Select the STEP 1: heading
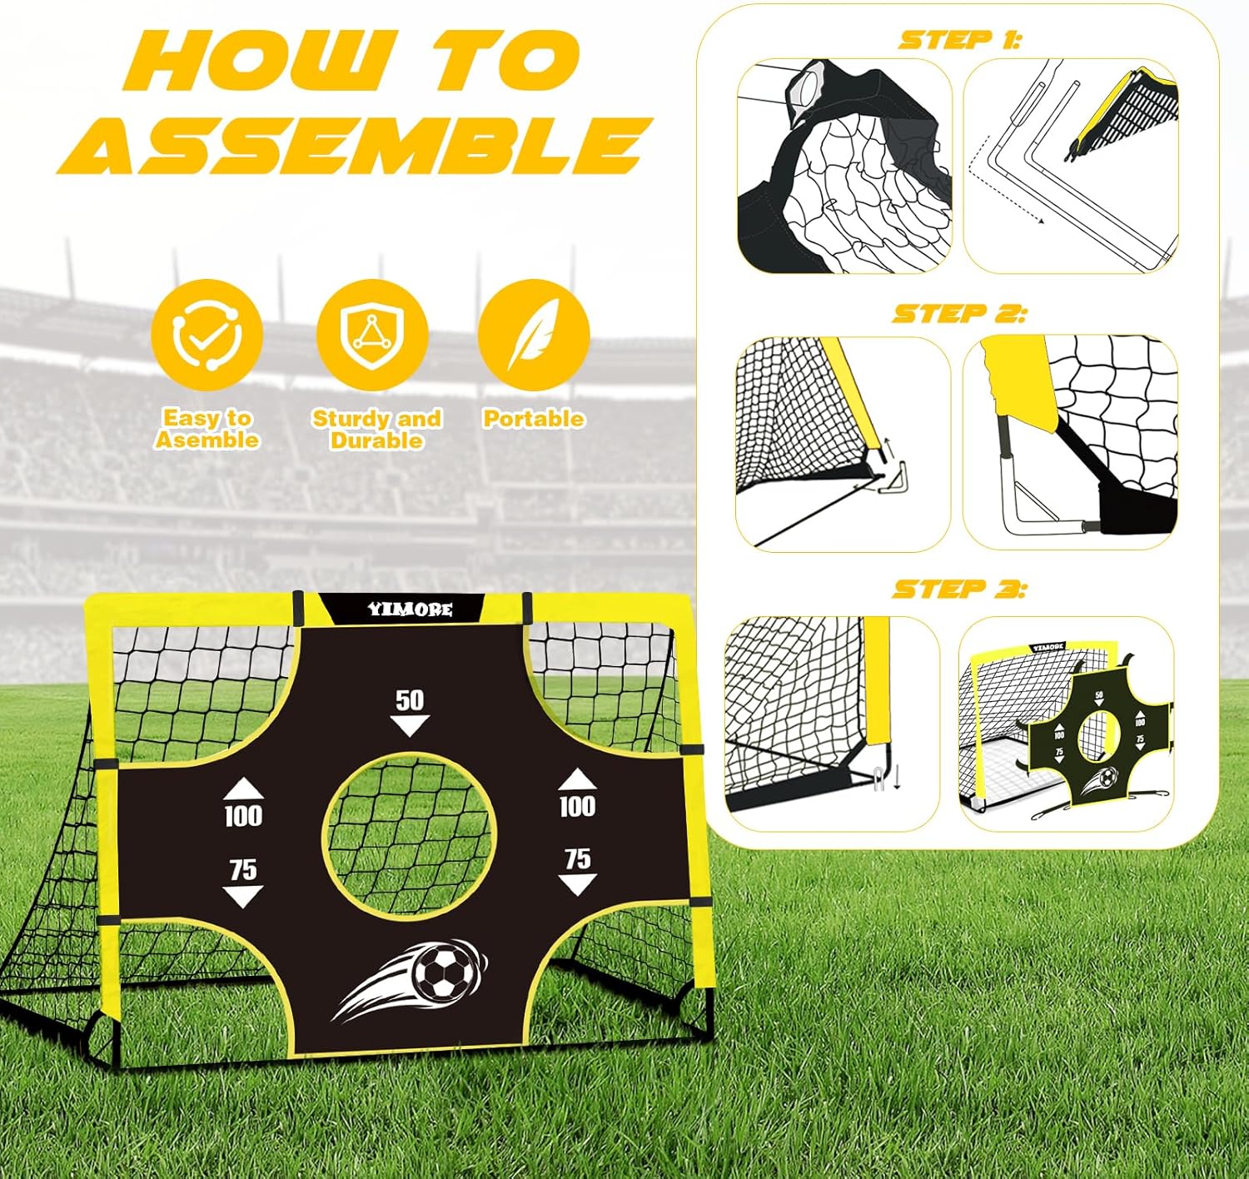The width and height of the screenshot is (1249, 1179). (960, 40)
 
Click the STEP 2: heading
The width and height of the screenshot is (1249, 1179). (960, 313)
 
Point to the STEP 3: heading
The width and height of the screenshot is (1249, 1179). (960, 589)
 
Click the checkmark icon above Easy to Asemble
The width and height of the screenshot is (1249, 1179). (207, 336)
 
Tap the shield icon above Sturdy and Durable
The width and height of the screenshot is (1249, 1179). (372, 336)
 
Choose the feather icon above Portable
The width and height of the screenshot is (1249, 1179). (534, 336)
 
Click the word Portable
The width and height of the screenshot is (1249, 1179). (533, 418)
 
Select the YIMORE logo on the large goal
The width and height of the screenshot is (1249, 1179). (410, 609)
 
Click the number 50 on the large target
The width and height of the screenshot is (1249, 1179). (410, 699)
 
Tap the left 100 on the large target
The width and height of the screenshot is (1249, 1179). (243, 816)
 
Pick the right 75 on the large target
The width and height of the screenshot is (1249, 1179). (577, 858)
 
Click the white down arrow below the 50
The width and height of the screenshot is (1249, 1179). (410, 724)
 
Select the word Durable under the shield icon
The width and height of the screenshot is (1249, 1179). (376, 440)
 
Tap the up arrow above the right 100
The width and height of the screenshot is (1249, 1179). (577, 779)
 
